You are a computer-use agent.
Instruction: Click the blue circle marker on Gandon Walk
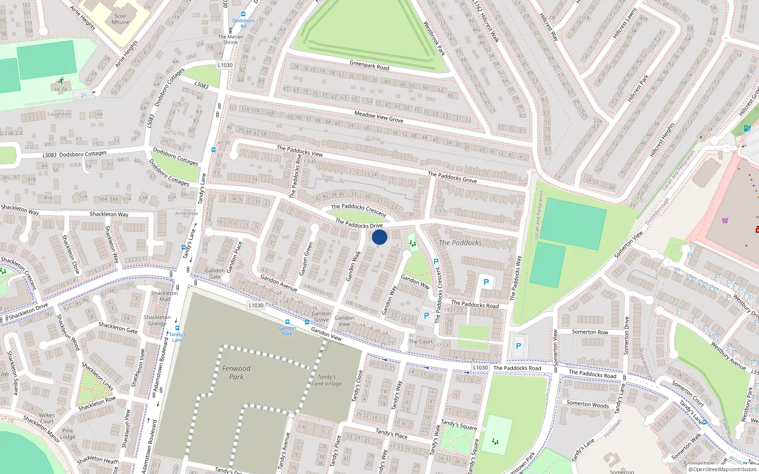pyautogui.click(x=379, y=237)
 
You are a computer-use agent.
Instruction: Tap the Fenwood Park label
pyautogui.click(x=236, y=373)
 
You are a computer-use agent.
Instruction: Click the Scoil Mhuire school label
pyautogui.click(x=120, y=19)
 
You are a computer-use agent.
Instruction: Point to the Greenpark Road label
pyautogui.click(x=369, y=65)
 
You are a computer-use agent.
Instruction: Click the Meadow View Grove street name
pyautogui.click(x=379, y=117)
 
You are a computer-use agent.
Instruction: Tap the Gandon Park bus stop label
pyautogui.click(x=287, y=331)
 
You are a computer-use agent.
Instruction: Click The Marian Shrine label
pyautogui.click(x=231, y=39)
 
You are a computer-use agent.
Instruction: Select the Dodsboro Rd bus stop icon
pyautogui.click(x=243, y=15)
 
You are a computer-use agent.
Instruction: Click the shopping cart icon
pyautogui.click(x=725, y=220)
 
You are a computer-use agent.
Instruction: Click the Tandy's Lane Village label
pyautogui.click(x=327, y=380)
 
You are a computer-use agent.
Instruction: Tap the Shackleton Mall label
pyautogui.click(x=164, y=296)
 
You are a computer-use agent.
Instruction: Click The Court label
pyautogui.click(x=420, y=341)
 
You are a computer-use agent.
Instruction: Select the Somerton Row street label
pyautogui.click(x=590, y=332)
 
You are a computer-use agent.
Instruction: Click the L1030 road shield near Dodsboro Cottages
pyautogui.click(x=225, y=65)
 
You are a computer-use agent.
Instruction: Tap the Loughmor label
pyautogui.click(x=59, y=114)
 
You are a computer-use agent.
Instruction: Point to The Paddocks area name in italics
pyautogui.click(x=460, y=243)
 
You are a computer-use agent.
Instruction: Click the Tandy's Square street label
pyautogui.click(x=458, y=424)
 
